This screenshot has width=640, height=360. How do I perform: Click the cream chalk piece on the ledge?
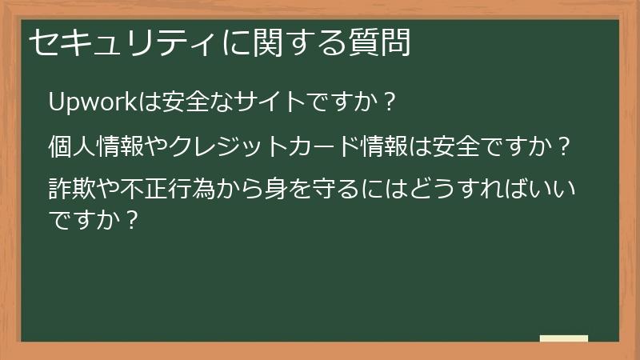(564, 338)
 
